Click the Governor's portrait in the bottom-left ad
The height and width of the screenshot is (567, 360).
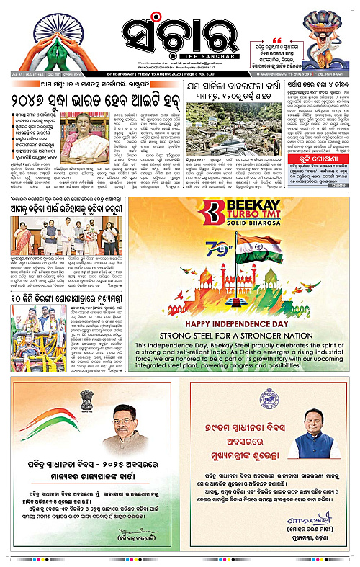tap(123, 425)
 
